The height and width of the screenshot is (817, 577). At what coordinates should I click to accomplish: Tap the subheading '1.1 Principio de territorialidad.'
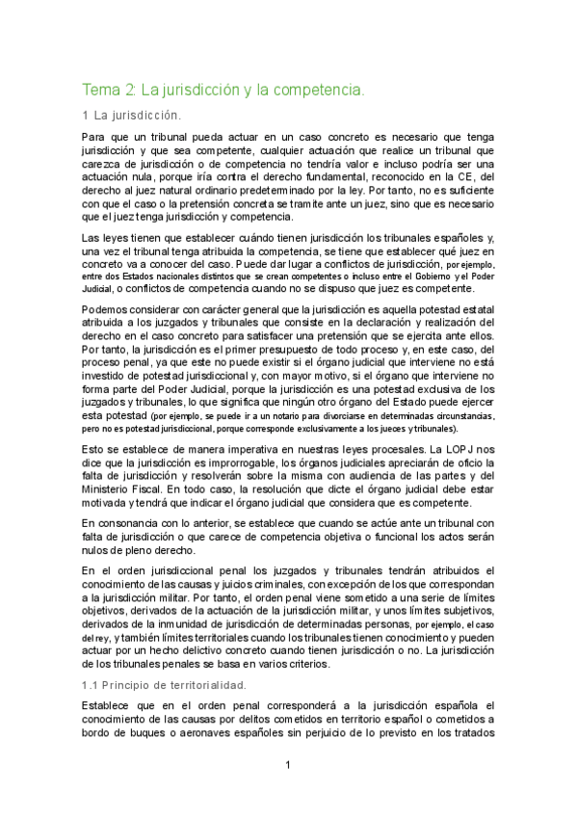pyautogui.click(x=164, y=685)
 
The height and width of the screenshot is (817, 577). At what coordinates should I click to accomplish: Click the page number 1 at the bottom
pyautogui.click(x=288, y=765)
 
